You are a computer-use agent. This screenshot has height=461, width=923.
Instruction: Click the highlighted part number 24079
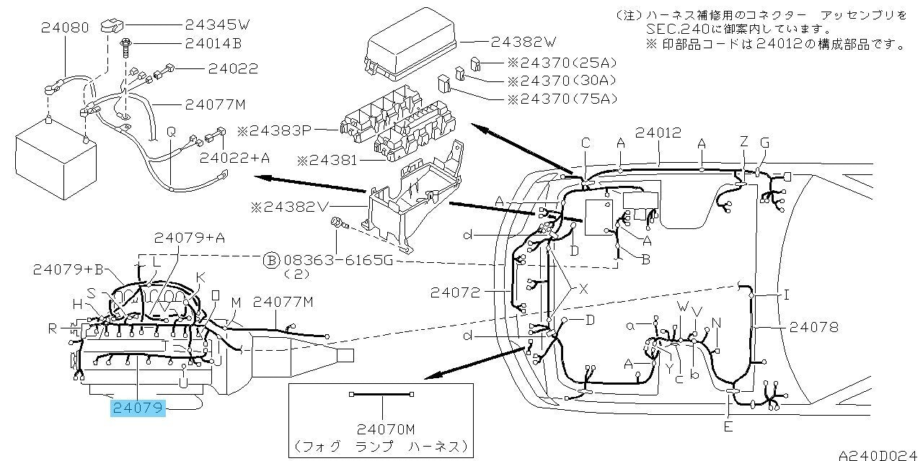click(x=138, y=409)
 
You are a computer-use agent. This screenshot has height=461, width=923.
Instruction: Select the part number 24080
click(x=65, y=28)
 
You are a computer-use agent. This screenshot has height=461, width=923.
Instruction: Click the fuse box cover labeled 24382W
click(x=410, y=50)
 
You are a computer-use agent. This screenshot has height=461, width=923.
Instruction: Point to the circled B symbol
click(x=271, y=260)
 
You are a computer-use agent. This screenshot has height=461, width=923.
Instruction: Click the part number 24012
click(x=658, y=133)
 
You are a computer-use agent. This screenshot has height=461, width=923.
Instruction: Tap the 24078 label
click(x=814, y=327)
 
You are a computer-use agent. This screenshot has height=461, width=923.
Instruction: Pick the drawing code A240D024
click(x=879, y=454)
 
